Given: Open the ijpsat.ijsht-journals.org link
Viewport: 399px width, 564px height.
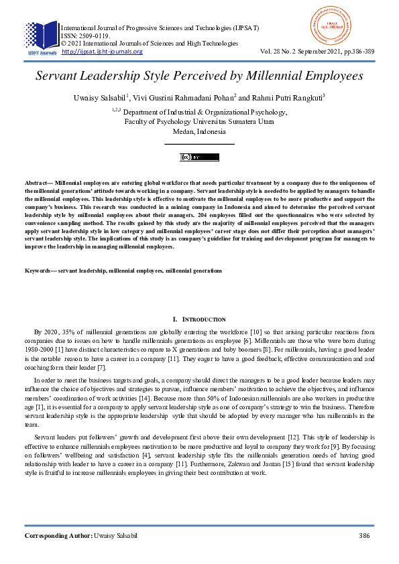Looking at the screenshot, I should pyautogui.click(x=102, y=52).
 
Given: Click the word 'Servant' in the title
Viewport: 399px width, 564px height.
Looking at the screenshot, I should pyautogui.click(x=62, y=76).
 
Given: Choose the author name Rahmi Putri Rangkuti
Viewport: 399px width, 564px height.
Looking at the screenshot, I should pyautogui.click(x=292, y=98).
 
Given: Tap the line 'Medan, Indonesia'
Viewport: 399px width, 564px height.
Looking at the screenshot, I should pyautogui.click(x=199, y=132).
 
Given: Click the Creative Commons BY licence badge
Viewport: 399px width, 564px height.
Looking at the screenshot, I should pyautogui.click(x=199, y=157).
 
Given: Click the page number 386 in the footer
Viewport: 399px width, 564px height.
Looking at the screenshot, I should pyautogui.click(x=365, y=537).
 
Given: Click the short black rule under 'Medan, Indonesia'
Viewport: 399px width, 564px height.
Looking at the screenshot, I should pyautogui.click(x=199, y=144).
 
